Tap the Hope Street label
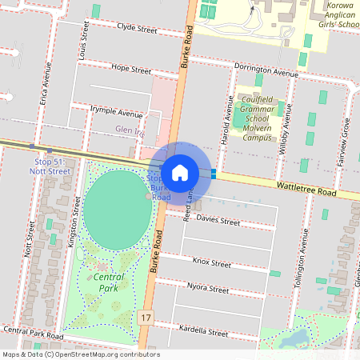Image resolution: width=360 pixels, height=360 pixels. click(130, 68)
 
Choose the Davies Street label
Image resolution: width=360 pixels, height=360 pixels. click(218, 220)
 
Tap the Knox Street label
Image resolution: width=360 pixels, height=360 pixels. click(212, 262)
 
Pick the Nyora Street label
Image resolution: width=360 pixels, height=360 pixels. click(208, 286)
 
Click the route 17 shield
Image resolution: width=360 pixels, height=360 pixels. click(145, 318)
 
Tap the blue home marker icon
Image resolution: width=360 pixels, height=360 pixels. click(180, 172)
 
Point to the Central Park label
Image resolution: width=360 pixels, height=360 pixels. click(109, 282)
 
